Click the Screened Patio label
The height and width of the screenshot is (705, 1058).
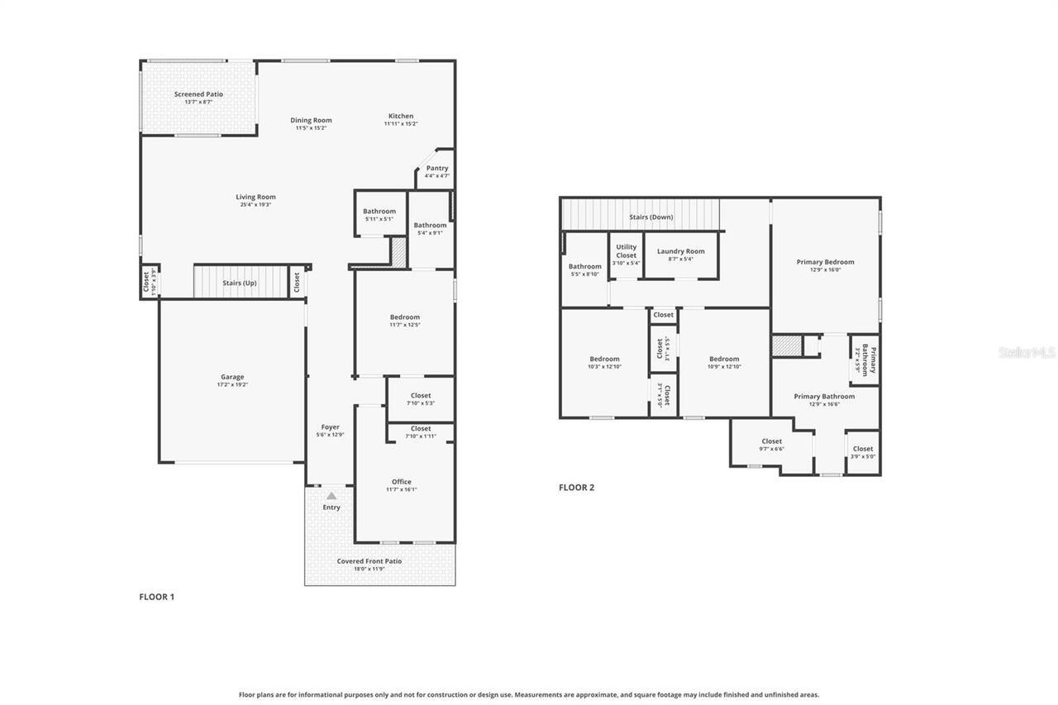(x=198, y=94)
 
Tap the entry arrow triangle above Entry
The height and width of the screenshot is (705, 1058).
(x=331, y=496)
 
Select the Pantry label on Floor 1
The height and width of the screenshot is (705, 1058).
(x=437, y=168)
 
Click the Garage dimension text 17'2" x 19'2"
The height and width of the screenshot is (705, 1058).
(x=232, y=385)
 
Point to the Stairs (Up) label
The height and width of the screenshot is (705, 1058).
(x=240, y=283)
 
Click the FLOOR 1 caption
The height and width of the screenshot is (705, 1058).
(x=157, y=596)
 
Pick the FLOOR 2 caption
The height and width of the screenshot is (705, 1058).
(x=576, y=488)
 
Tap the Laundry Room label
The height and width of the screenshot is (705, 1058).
(x=681, y=251)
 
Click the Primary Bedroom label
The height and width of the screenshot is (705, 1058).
(x=825, y=262)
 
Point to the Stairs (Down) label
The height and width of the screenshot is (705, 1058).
(x=651, y=217)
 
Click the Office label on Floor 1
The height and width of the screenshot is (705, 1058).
(x=402, y=481)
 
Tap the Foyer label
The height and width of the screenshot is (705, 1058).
(x=331, y=427)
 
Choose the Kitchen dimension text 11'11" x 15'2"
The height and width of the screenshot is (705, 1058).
(x=401, y=124)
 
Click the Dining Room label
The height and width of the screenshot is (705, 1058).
(x=311, y=120)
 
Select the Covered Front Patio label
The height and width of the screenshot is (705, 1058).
(x=369, y=561)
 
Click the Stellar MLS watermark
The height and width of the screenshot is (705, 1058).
(x=1027, y=351)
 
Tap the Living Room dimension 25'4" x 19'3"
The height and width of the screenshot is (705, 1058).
(x=255, y=204)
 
